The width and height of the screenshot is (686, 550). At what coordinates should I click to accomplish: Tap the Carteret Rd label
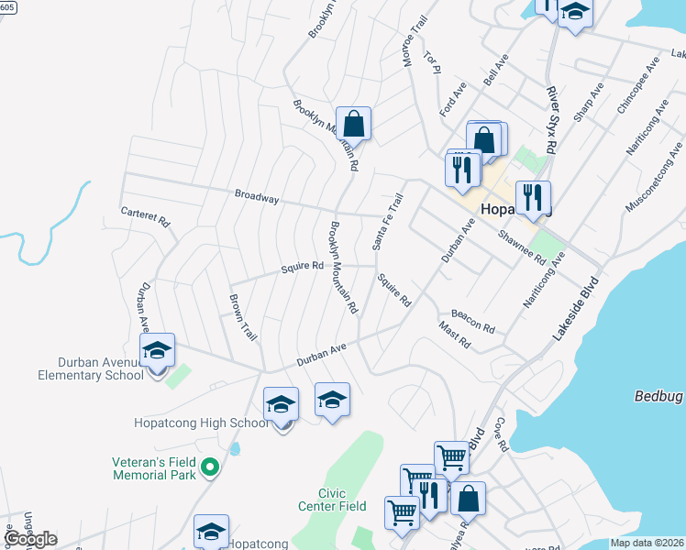(146, 216)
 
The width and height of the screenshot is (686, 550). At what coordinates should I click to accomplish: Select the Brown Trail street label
(243, 318)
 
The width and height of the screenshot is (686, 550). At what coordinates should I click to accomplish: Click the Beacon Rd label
(472, 321)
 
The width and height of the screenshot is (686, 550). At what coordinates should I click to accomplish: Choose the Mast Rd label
(454, 335)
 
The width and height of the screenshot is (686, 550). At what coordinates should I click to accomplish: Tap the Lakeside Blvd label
(575, 310)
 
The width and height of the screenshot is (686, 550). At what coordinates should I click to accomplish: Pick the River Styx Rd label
(551, 119)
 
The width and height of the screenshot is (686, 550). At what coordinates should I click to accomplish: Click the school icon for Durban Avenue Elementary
(157, 351)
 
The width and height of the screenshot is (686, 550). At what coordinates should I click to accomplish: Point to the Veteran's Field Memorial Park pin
(210, 467)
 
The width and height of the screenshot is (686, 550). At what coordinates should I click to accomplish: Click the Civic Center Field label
(332, 500)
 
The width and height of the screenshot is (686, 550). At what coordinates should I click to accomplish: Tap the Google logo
(29, 539)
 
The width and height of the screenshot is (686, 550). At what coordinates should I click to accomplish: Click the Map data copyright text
(647, 543)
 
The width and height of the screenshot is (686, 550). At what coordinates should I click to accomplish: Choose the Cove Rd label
(501, 434)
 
